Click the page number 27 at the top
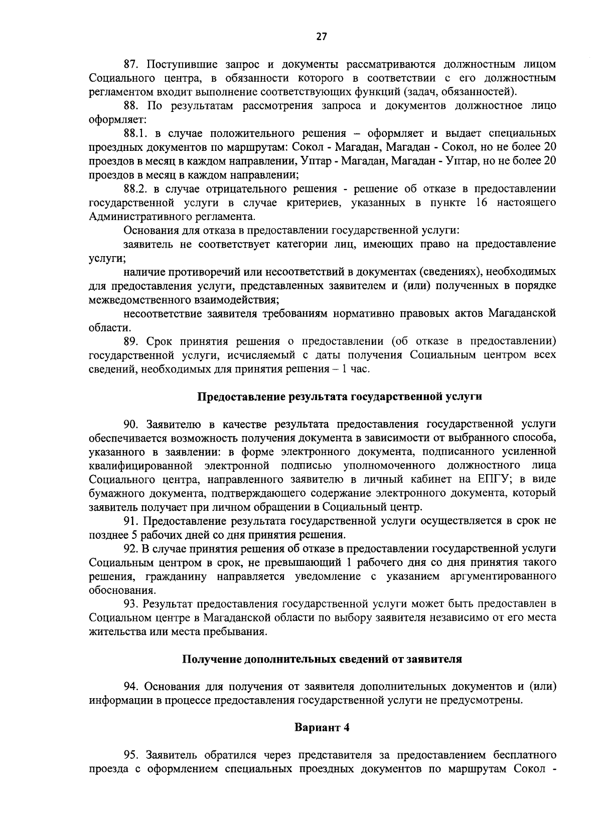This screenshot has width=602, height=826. [322, 36]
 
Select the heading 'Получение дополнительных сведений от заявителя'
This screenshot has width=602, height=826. [322, 659]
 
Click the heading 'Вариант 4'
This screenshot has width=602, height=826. [322, 728]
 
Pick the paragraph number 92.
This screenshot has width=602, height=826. [131, 548]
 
